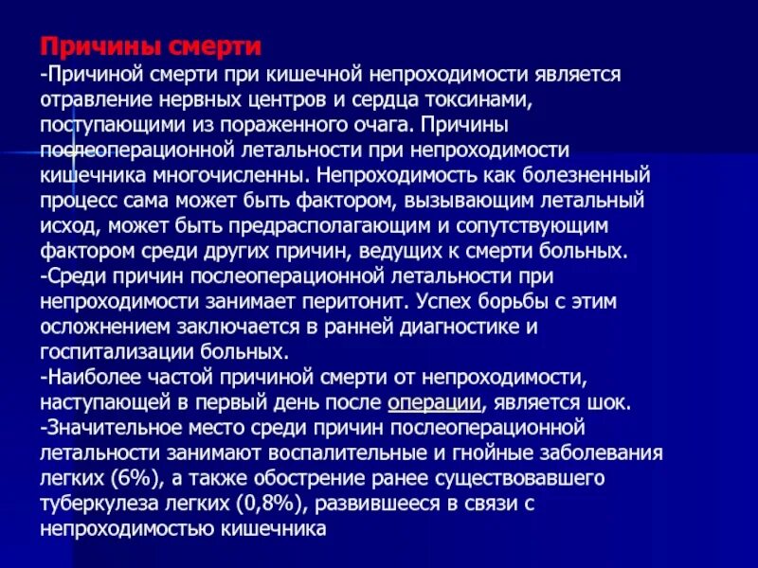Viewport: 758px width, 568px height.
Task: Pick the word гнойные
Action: click(x=506, y=452)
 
